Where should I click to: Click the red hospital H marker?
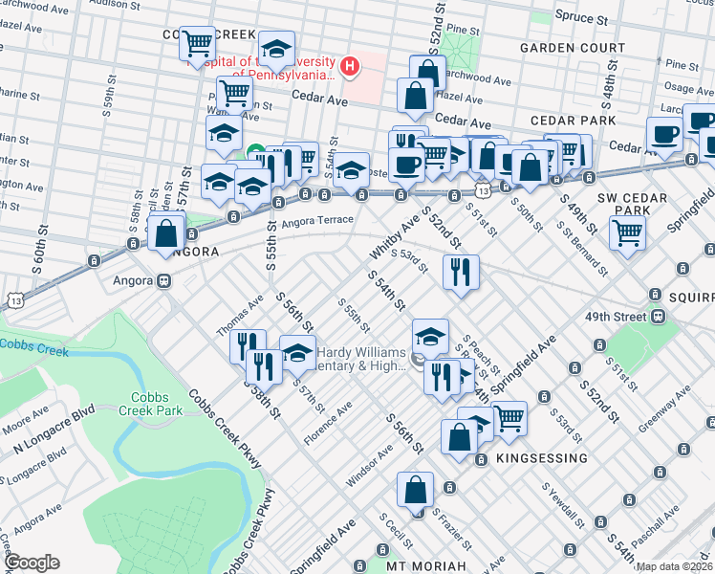(x=351, y=67)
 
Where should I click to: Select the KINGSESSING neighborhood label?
(x=542, y=458)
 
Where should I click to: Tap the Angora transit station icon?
(x=164, y=281)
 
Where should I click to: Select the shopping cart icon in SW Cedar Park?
(x=628, y=231)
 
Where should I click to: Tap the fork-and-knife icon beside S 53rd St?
(x=461, y=271)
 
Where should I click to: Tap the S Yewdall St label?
(x=563, y=503)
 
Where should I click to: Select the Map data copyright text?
(x=675, y=566)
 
